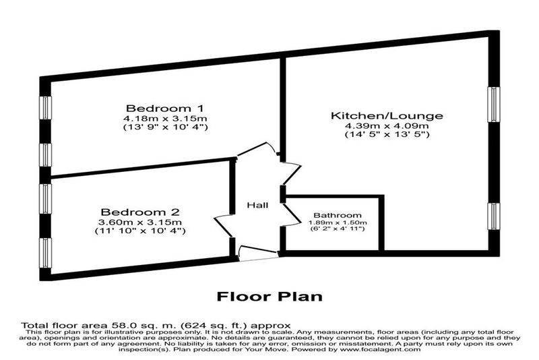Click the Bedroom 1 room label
165,109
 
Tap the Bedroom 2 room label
140,212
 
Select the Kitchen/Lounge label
387,115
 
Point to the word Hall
257,205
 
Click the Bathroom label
338,216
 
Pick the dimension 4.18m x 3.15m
165,119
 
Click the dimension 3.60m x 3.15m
140,222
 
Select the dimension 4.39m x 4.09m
387,126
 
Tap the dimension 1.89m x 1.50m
338,222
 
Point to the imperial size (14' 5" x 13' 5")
387,134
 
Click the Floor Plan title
270,297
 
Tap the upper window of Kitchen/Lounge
494,104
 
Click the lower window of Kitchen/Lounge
494,216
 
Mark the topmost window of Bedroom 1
45,108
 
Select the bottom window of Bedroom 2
45,253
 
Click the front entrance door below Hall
258,253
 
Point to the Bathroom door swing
292,215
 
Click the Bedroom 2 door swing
224,227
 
